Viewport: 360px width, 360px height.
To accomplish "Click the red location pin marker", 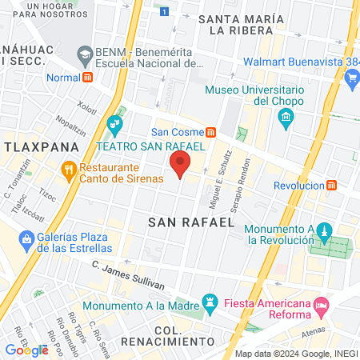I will pyautogui.click(x=180, y=166).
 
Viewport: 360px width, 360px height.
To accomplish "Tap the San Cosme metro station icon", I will pyautogui.click(x=210, y=132).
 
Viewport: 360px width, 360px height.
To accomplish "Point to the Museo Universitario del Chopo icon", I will pyautogui.click(x=286, y=119).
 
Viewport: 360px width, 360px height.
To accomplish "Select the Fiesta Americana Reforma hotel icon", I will pyautogui.click(x=321, y=305).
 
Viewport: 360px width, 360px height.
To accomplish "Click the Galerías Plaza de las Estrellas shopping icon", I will pyautogui.click(x=27, y=238).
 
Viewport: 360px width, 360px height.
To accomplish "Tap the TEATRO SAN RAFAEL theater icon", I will pyautogui.click(x=114, y=123).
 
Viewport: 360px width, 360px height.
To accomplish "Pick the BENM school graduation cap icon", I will pyautogui.click(x=84, y=54).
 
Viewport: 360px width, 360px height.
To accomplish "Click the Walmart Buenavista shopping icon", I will pyautogui.click(x=353, y=78).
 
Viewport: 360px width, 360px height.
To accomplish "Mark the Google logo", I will pyautogui.click(x=26, y=350).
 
